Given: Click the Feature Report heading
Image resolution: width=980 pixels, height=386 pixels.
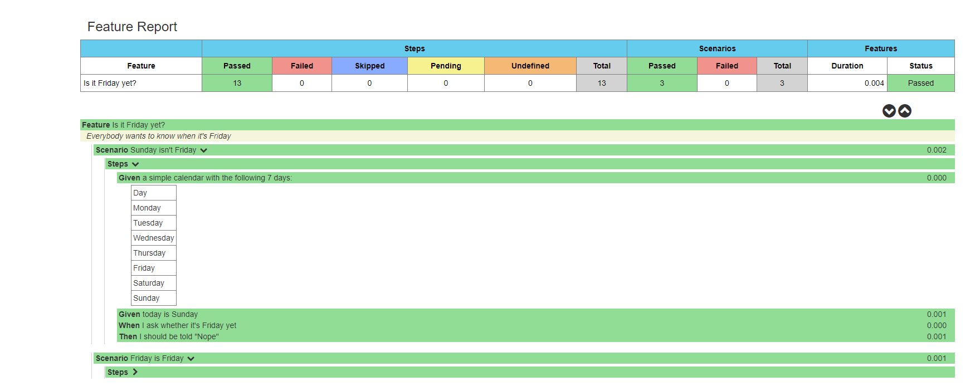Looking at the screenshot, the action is pos(132,27).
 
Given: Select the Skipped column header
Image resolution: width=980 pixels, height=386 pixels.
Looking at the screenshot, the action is pos(369,66).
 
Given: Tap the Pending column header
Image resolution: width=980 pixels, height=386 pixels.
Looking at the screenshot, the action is pos(446,66).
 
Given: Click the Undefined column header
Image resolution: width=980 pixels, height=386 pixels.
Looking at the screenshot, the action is pos(530,66).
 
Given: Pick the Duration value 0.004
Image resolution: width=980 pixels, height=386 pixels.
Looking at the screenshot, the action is pos(874,83).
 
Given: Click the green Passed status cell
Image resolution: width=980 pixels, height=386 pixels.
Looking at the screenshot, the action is pos(920,83).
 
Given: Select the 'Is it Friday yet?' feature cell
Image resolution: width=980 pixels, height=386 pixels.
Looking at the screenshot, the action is pos(110,83).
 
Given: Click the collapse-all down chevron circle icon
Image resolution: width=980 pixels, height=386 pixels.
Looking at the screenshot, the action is pos(889,111).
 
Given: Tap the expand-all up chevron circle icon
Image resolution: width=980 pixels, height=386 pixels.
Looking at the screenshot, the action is pos(905,111).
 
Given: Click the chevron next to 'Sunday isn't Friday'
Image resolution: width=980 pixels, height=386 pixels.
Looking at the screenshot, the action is pos(204,150).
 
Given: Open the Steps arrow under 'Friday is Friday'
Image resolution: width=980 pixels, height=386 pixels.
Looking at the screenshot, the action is pos(135,372).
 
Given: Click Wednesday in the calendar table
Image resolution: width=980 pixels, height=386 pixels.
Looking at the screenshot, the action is pos(153,238).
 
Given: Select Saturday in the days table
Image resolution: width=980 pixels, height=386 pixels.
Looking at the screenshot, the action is pos(149,283).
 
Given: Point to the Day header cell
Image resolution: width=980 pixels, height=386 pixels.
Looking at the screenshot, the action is pos(140,193).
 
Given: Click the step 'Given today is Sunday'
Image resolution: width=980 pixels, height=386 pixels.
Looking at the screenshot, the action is pos(158,314).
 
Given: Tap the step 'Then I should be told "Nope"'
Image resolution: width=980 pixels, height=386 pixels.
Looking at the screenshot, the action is pos(168,336).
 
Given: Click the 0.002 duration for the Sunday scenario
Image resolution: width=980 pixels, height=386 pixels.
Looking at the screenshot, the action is pos(936,150).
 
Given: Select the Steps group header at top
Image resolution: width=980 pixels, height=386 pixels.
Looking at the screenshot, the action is pos(415,48).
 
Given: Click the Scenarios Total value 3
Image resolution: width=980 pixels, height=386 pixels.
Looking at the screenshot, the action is pos(782,83).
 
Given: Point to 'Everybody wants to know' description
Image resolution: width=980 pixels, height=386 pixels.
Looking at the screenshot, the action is pos(159,136).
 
